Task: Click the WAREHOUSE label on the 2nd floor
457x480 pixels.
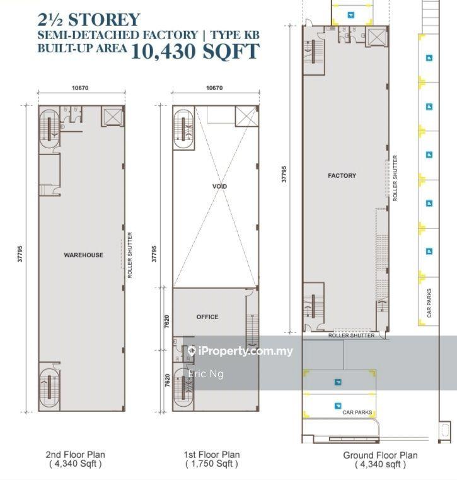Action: pos(83,255)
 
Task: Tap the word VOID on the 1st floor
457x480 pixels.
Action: pos(219,186)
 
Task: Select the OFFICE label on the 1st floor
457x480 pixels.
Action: pos(207,317)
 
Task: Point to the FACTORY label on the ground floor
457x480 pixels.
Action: pos(342,175)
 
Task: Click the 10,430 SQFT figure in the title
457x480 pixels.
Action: pos(195,51)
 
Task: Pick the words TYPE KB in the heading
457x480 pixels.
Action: pos(235,35)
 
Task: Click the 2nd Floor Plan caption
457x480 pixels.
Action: pos(75,455)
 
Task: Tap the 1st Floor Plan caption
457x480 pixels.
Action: pos(212,455)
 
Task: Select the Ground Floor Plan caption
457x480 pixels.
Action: pos(380,455)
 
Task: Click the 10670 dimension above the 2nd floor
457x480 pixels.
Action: pos(80,88)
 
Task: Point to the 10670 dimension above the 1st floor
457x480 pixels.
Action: pos(214,88)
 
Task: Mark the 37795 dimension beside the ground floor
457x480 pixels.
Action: pos(284,174)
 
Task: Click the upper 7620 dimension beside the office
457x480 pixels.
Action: pos(166,322)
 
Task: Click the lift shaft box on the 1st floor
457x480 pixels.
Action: pos(246,116)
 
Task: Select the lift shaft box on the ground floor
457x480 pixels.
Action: pos(376,37)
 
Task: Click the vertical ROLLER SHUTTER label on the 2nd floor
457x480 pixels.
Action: pos(130,255)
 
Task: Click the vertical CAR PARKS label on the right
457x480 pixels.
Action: pos(429,303)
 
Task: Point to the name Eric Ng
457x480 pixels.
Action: pos(206,374)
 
